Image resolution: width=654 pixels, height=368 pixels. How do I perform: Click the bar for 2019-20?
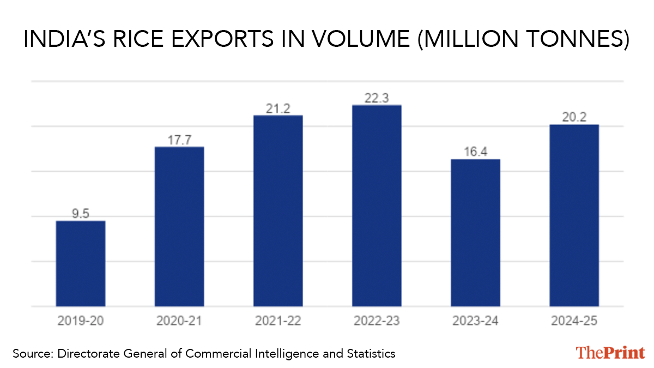pos(81,263)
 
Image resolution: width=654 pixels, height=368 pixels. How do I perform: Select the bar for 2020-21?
pos(179,226)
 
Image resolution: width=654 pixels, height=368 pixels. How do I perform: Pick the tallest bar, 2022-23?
pos(377,206)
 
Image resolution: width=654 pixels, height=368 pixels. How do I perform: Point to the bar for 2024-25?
pos(574,215)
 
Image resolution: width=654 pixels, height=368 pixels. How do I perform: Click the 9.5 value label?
pos(81,214)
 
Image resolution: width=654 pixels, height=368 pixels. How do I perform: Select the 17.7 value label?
pos(179,140)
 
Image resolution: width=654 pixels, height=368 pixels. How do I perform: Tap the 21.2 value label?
pos(278,108)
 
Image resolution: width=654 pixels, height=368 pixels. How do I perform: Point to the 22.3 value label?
pos(377,98)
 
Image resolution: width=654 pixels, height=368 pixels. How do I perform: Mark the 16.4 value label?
pos(475,152)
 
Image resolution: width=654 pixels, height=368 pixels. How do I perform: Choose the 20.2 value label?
pos(574,117)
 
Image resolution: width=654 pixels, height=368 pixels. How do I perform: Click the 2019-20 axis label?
pos(81,321)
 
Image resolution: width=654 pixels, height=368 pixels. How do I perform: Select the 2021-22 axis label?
pos(278,321)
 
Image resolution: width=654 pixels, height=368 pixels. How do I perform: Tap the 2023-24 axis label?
pos(475,321)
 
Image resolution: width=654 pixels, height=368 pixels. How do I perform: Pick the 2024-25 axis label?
pos(574,321)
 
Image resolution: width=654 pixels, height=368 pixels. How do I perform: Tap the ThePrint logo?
pos(610,352)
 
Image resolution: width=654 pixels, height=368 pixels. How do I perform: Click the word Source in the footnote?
pos(31,354)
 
